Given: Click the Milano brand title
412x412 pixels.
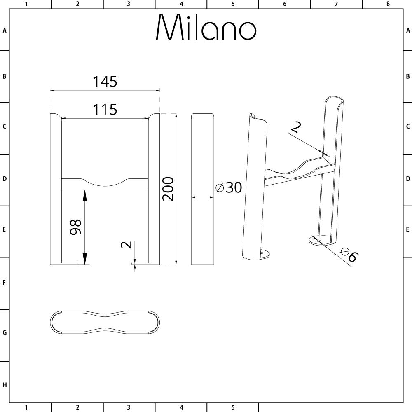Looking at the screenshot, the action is pos(206,27).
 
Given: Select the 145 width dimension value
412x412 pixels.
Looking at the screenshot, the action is pos(105,82).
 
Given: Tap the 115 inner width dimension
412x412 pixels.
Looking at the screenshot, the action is pos(105,109).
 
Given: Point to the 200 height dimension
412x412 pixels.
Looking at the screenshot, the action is pos(168,189).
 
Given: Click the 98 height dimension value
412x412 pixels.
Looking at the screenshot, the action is pos(76,227).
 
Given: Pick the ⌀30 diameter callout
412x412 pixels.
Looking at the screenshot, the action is pos(229,187).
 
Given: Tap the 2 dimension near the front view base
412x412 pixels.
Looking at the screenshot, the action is pos(126,245).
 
